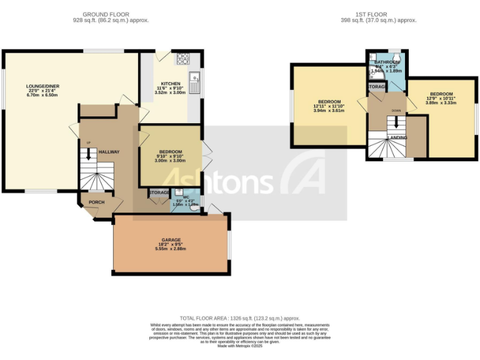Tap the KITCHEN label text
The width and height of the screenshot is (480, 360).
tap(171, 84)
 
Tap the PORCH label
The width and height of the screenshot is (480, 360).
tap(97, 202)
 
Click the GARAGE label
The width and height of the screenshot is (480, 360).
tap(171, 239)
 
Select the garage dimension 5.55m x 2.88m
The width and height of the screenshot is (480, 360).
tap(171, 249)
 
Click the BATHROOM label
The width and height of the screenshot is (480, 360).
tap(387, 62)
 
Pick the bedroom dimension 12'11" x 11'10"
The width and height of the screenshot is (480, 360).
tap(329, 106)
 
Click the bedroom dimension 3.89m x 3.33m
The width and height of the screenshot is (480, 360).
tap(441, 102)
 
